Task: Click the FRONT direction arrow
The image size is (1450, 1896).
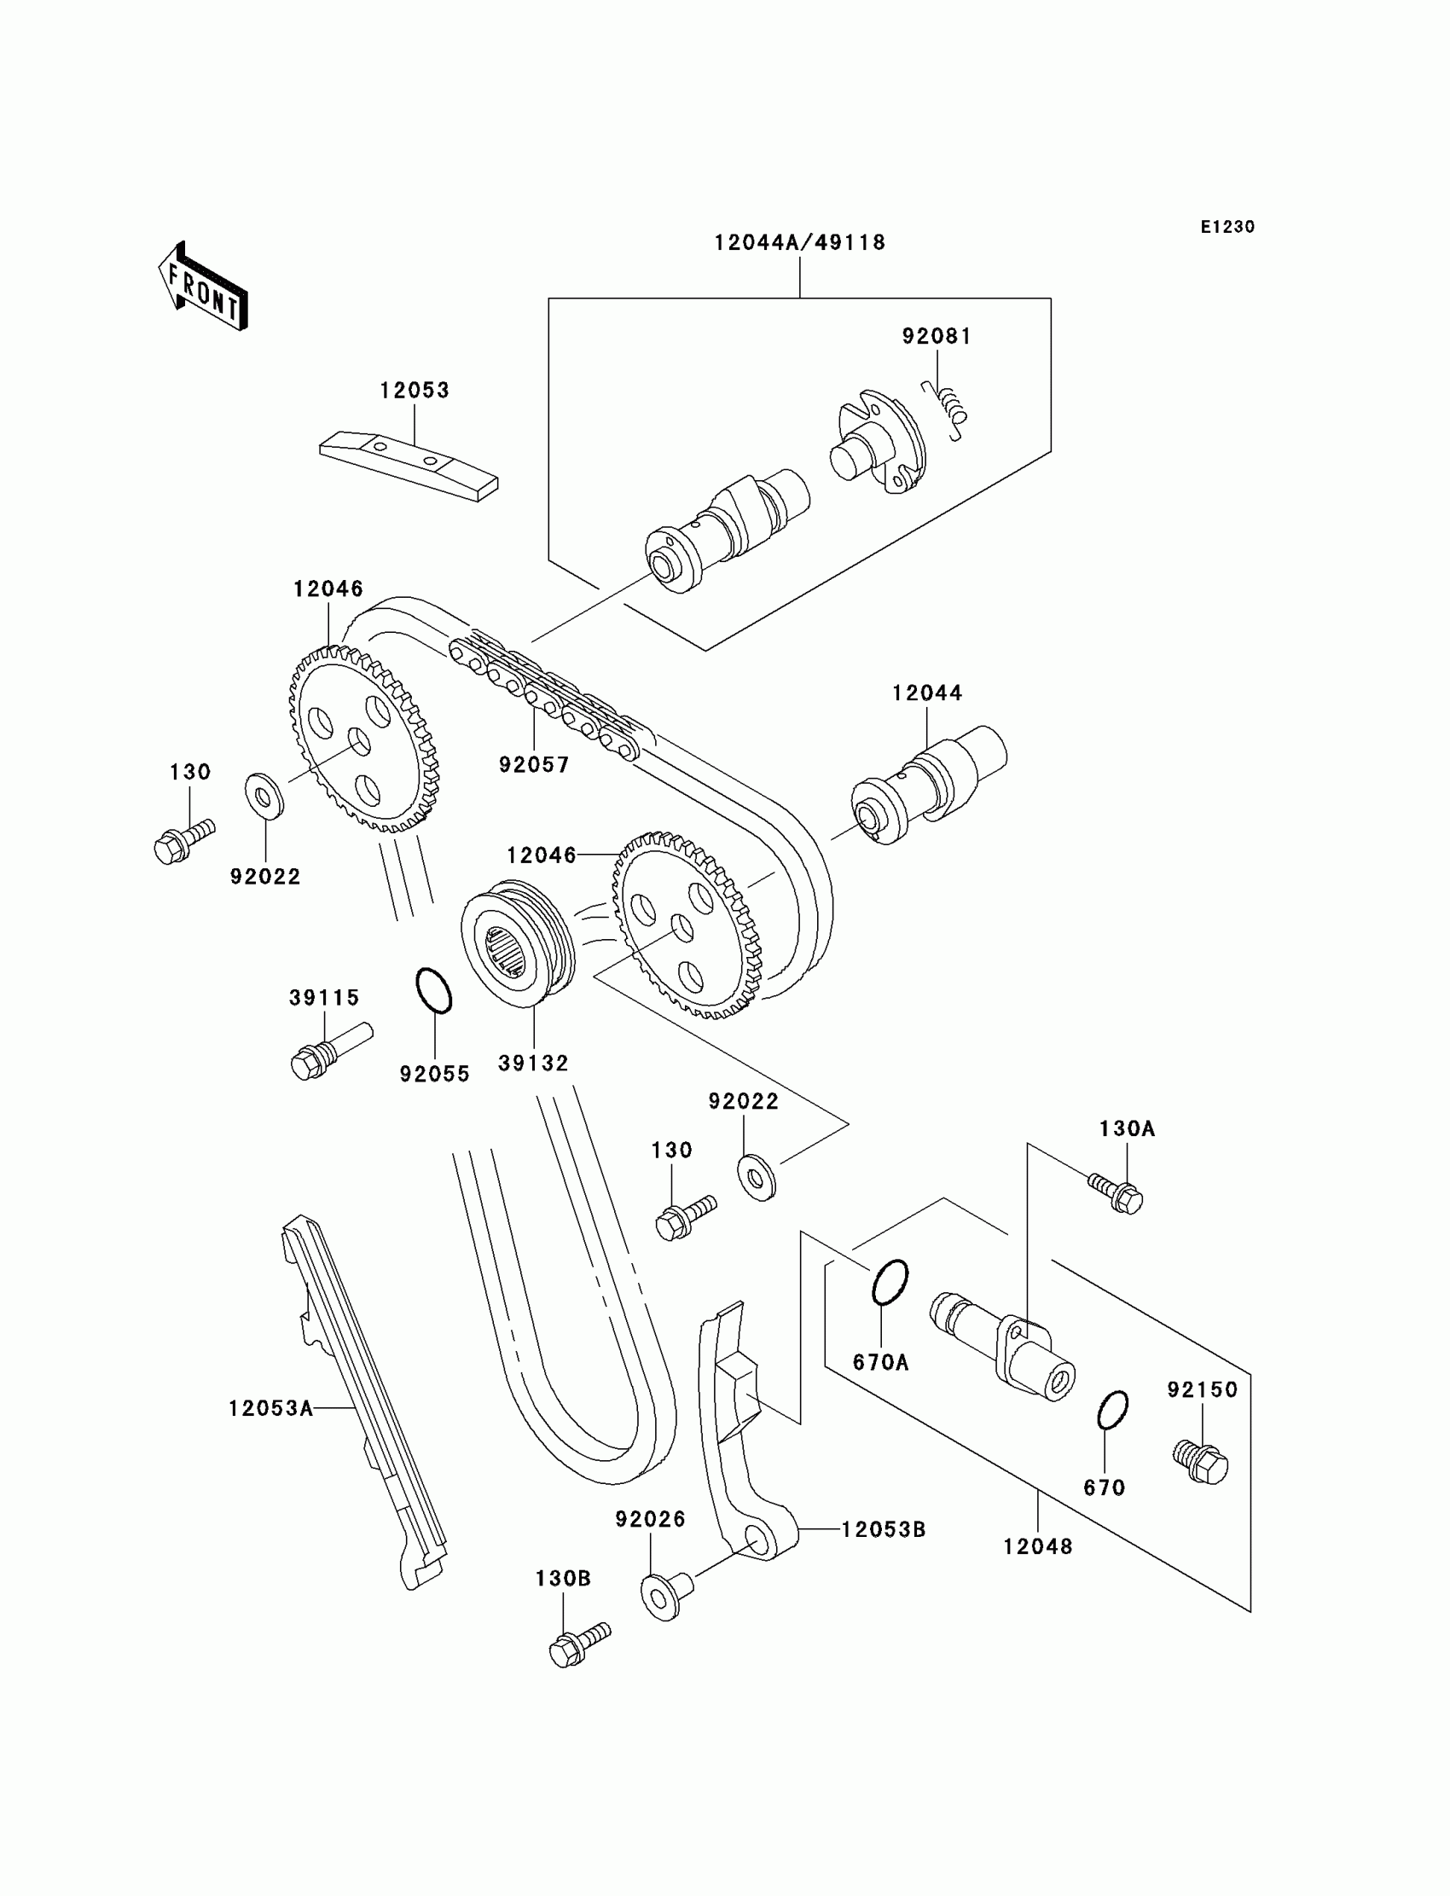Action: (x=203, y=287)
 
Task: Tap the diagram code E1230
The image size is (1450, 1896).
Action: (x=1227, y=227)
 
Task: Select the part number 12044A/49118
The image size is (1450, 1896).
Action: (x=800, y=242)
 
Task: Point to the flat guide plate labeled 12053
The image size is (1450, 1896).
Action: (x=409, y=466)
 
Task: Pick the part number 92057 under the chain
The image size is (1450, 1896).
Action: (x=534, y=764)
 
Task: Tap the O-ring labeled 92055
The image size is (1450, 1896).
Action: (x=434, y=990)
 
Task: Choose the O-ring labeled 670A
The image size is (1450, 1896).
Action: (x=890, y=1283)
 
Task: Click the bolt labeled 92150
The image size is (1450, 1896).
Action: (x=1201, y=1460)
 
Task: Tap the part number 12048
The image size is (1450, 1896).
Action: (x=1037, y=1545)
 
